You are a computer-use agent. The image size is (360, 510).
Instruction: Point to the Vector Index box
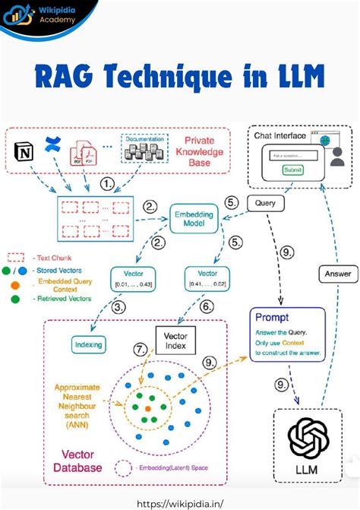[175, 339]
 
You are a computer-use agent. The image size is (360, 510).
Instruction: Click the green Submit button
[292, 170]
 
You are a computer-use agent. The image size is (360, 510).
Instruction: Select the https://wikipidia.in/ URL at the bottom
[180, 502]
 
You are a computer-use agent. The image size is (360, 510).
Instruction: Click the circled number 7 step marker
[140, 350]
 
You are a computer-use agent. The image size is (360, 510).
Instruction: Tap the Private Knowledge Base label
[200, 151]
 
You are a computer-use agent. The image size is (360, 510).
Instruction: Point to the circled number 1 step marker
[109, 184]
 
